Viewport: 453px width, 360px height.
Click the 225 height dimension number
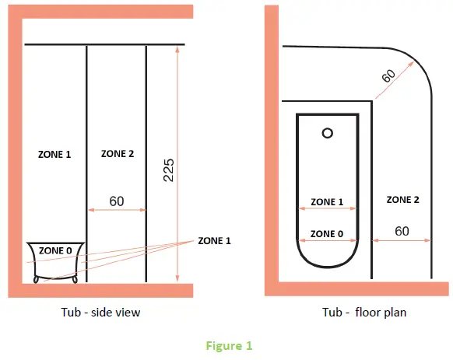click(x=169, y=170)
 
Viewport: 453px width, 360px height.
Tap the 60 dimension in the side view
click(x=117, y=201)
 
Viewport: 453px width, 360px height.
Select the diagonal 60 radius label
click(x=388, y=75)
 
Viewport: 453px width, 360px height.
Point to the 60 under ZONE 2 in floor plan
click(x=402, y=231)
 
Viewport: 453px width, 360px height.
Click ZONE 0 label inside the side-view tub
click(x=55, y=250)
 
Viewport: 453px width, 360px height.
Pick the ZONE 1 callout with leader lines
click(x=214, y=241)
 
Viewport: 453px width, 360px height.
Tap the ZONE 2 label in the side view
click(x=118, y=154)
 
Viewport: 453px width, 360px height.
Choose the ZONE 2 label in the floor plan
click(x=402, y=200)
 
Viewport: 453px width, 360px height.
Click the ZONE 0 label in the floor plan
click(x=327, y=234)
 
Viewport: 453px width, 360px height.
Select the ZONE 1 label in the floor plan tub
click(x=327, y=202)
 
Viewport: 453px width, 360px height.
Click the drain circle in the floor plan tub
click(x=328, y=133)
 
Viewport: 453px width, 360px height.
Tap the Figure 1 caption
click(x=229, y=346)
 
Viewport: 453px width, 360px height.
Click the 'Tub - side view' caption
click(x=100, y=313)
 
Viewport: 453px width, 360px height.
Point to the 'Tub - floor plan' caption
click(x=364, y=313)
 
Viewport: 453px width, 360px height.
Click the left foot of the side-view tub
click(x=36, y=279)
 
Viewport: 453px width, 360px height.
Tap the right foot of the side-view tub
click(x=75, y=279)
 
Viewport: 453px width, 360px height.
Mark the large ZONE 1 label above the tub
click(x=54, y=155)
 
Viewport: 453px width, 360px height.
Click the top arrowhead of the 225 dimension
click(x=177, y=49)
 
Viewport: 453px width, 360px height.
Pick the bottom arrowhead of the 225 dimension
click(x=177, y=278)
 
